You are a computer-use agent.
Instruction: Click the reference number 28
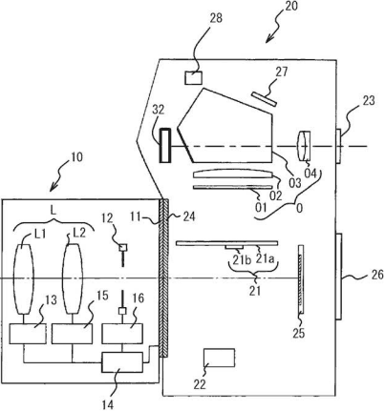tap(216, 18)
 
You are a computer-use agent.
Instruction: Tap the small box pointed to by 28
tap(194, 78)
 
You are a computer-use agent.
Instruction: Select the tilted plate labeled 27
tap(264, 99)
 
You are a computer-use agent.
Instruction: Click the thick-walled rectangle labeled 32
tap(165, 145)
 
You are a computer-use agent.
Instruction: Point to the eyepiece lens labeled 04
tap(304, 146)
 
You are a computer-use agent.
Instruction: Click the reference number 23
tap(368, 101)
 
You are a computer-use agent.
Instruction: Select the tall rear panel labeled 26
tap(339, 277)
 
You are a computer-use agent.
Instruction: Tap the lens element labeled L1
tap(24, 278)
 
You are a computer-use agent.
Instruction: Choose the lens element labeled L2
tap(73, 278)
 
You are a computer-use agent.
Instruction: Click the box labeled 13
tap(28, 334)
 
